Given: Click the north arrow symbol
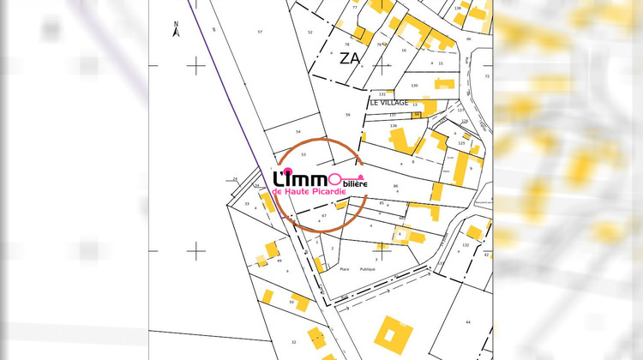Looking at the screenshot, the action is coord(175,31).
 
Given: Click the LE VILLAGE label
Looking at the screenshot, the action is coord(389,102).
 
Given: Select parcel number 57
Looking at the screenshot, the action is coord(260,31).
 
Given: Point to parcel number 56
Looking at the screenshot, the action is coord(347,114).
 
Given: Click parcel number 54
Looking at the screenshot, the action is coord(298,132).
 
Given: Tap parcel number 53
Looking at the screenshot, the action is coord(303,154).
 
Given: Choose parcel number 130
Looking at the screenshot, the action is coord(414,86).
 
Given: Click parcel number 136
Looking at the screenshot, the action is coord(394,126).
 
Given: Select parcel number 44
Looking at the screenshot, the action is coord(468,321).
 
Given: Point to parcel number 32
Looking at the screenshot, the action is coord(293,342).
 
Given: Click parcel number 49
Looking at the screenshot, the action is coord(279,261).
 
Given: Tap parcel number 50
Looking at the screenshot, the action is coord(291,302).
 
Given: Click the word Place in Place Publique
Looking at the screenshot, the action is coord(345,269).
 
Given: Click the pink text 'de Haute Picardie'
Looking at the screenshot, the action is coord(309,192).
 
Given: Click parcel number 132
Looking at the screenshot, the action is coord(466,245).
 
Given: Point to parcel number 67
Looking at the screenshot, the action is coord(324,216).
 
